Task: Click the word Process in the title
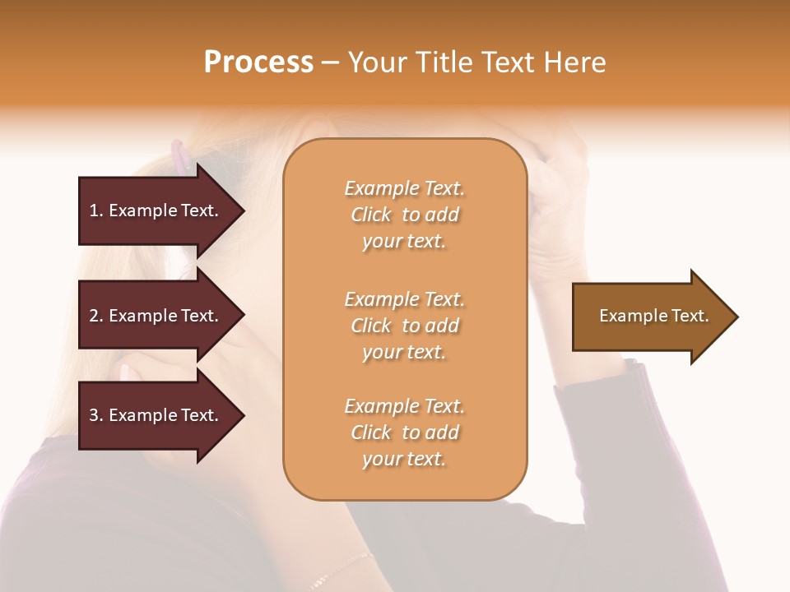point(258,62)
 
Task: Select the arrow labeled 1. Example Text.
point(156,210)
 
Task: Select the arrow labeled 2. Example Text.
point(156,316)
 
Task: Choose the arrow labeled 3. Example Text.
point(156,415)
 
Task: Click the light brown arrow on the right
point(650,317)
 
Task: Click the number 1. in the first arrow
point(96,210)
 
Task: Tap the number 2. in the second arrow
point(96,316)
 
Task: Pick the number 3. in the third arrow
point(96,415)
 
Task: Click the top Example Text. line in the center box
point(404,188)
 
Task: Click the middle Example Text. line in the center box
point(404,299)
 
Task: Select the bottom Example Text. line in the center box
point(404,406)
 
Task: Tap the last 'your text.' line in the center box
point(404,460)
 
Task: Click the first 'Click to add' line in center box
point(404,215)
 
